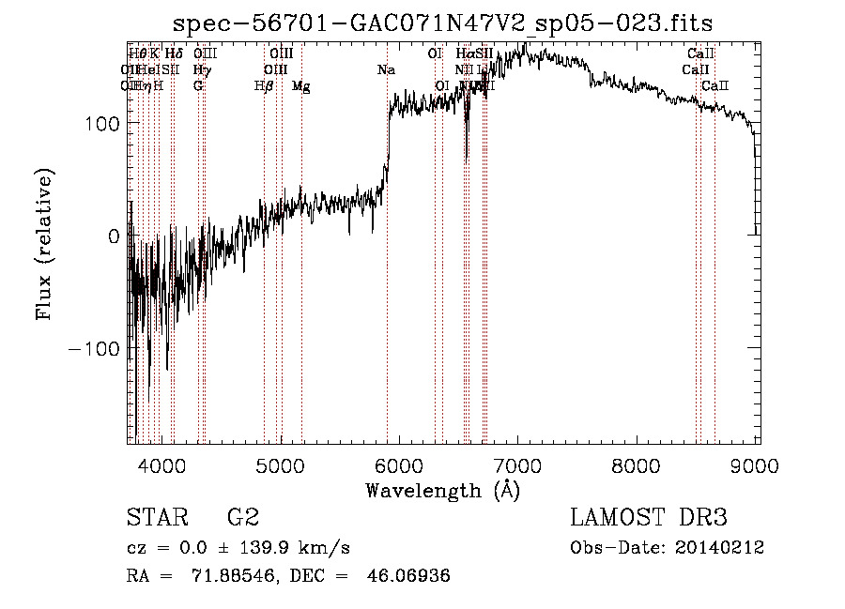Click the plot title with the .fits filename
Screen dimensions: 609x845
(x=444, y=23)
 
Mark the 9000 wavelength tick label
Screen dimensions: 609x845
(x=756, y=464)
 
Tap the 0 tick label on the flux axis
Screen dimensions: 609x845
(x=114, y=236)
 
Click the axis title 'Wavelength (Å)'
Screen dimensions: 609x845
(x=442, y=489)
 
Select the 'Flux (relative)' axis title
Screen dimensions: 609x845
(x=45, y=244)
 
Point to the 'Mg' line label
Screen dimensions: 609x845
(x=300, y=86)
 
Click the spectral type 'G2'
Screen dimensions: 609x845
(x=243, y=518)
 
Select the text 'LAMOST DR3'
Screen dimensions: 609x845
(x=649, y=518)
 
